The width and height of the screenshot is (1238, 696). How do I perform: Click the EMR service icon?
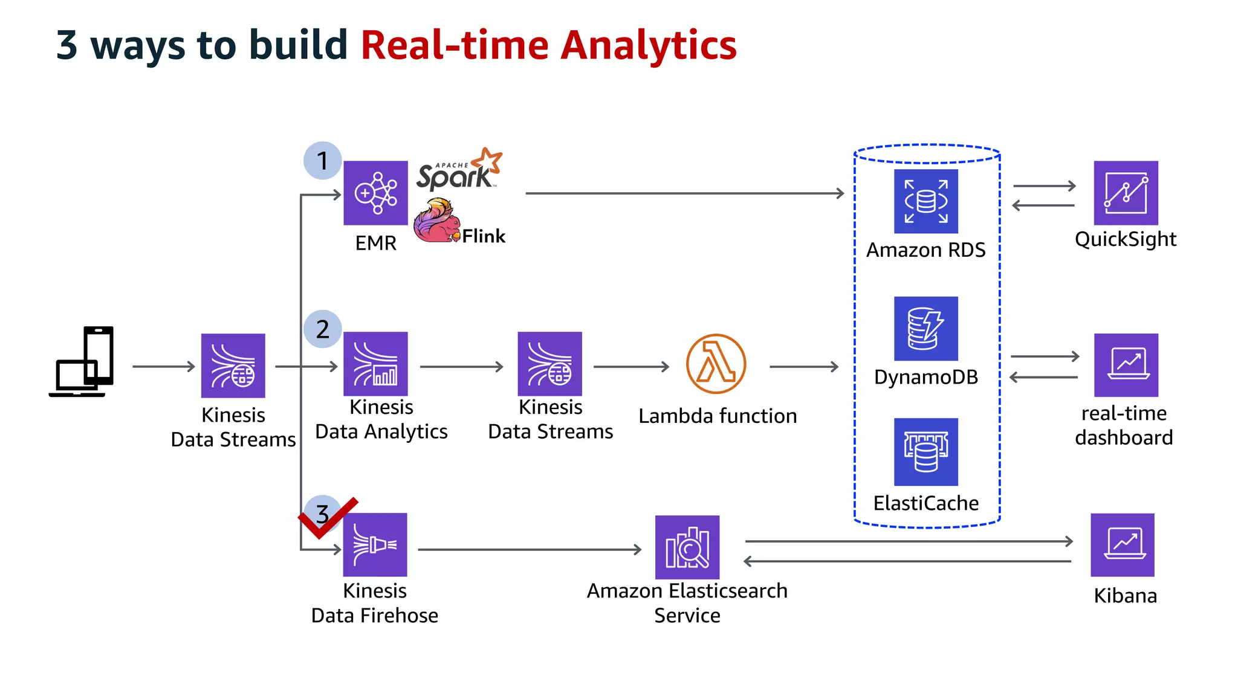point(375,193)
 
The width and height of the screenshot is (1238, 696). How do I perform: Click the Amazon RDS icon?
point(925,201)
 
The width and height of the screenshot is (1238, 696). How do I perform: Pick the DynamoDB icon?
point(925,328)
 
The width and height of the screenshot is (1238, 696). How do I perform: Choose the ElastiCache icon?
point(925,452)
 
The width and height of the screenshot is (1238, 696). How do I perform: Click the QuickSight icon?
point(1126,193)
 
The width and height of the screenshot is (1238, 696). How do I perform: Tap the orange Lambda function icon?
point(716,364)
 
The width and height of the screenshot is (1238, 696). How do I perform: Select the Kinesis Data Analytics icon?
point(375,364)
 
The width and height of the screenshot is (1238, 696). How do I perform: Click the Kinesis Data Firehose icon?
point(375,544)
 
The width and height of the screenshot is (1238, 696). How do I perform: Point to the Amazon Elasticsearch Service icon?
point(687,547)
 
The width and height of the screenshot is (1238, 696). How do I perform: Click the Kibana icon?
point(1122,544)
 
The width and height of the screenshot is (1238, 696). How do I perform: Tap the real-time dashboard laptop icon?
point(1126,365)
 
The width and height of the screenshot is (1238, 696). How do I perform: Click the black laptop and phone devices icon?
point(82,362)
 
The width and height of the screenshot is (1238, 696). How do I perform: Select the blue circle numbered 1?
point(323,161)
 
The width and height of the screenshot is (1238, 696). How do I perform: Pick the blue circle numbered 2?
point(323,329)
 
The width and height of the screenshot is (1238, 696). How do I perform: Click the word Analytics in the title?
point(648,46)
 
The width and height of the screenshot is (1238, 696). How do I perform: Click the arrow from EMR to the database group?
point(683,193)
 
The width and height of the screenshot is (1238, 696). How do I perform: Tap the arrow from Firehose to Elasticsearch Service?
point(529,549)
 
